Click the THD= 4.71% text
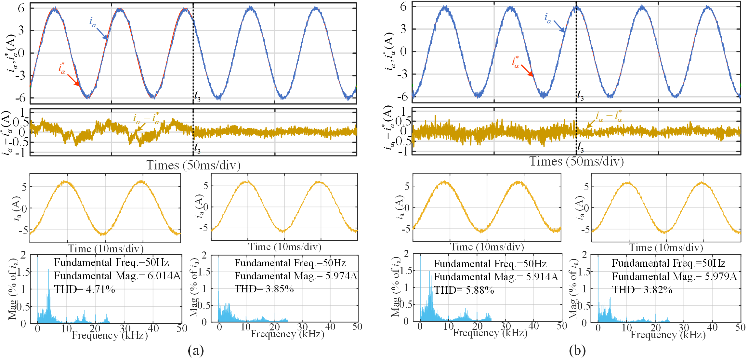point(85,289)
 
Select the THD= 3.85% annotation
point(264,289)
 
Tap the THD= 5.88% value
point(464,290)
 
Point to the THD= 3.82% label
point(642,289)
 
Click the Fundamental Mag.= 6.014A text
point(117,276)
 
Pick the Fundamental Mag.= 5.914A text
point(496,277)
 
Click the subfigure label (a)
point(196,351)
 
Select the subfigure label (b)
point(577,351)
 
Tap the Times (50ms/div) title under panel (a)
point(193,165)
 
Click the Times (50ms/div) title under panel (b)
point(577,161)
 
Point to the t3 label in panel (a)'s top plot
point(197,96)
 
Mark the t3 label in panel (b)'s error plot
point(580,148)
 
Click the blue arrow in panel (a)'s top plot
point(102,34)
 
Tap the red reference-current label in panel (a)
point(62,68)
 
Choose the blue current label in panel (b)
point(548,18)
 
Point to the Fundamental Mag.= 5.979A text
point(674,276)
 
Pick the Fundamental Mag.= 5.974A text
point(296,276)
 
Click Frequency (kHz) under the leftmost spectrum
point(110,335)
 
